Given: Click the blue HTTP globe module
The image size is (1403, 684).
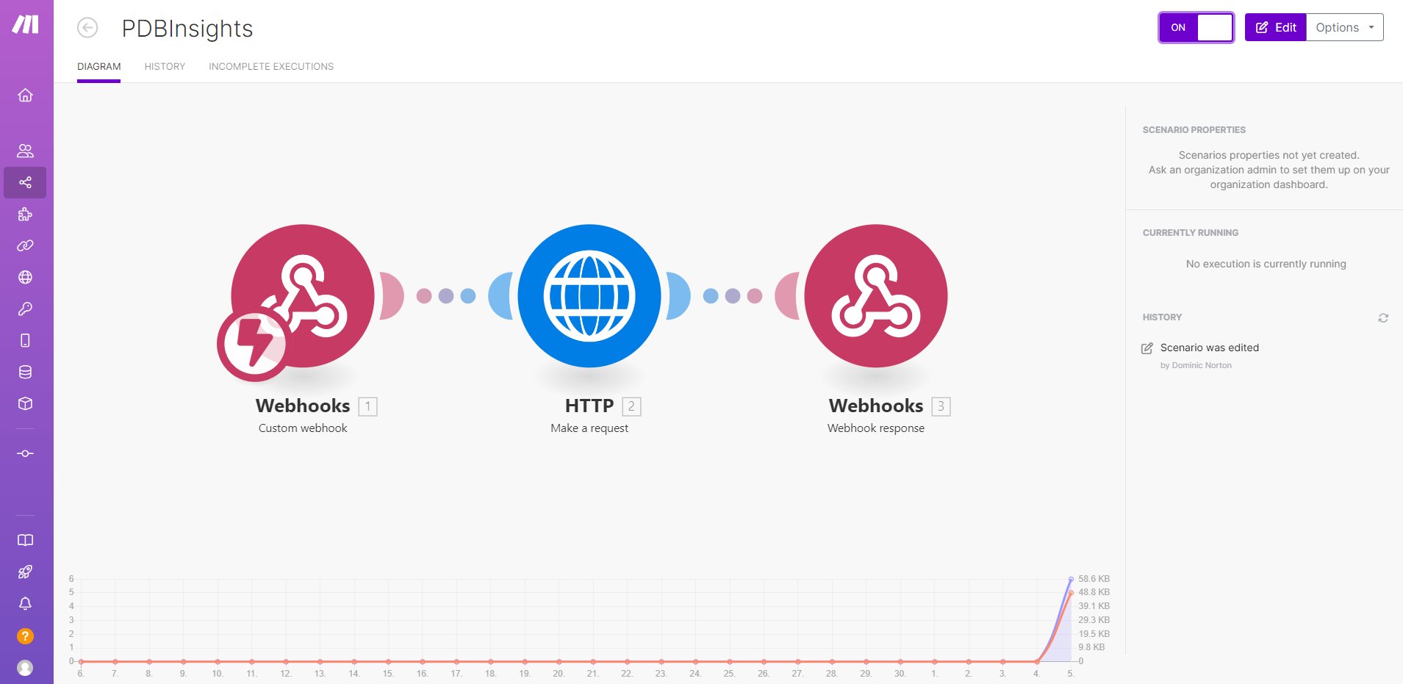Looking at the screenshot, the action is click(x=589, y=295).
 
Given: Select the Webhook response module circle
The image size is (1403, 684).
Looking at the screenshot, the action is click(x=875, y=295).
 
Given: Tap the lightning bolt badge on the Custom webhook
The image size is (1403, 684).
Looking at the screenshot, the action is click(x=253, y=344).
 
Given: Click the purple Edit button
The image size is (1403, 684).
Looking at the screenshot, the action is click(x=1275, y=27).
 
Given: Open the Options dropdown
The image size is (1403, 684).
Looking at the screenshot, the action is click(x=1344, y=27).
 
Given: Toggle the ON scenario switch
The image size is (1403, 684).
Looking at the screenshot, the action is click(x=1196, y=27).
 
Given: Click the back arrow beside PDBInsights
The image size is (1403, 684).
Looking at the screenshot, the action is click(x=87, y=28).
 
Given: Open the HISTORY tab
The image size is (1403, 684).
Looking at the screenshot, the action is click(x=165, y=66).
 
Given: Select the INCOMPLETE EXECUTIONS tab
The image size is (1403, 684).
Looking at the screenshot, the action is click(x=271, y=66).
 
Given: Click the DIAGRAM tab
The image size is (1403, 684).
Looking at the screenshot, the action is click(x=98, y=66).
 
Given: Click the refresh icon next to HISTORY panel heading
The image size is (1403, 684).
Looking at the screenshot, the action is click(x=1383, y=317).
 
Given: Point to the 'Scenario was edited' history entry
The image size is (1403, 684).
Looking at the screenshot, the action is click(x=1209, y=348).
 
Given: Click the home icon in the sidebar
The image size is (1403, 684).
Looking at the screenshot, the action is click(x=25, y=96).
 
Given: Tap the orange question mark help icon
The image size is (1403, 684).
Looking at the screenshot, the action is click(x=25, y=636).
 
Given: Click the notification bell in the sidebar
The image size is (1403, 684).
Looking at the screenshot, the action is click(x=25, y=603).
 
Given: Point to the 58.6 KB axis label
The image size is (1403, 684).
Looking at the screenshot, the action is click(x=1094, y=579).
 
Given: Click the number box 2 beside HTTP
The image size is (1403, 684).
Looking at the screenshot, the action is click(x=631, y=406).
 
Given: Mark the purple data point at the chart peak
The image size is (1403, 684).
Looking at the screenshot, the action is click(x=1071, y=579).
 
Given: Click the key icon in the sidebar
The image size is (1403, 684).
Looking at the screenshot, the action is click(x=25, y=309).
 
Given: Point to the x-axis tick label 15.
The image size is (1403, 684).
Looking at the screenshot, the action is click(x=388, y=673).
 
